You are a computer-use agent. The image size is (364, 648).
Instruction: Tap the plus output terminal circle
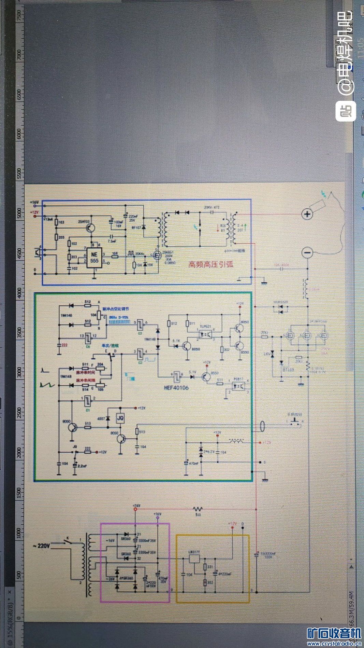[x=307, y=214]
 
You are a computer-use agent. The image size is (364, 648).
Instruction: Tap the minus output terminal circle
[x=307, y=253]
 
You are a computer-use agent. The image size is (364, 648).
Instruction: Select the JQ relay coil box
[x=120, y=417]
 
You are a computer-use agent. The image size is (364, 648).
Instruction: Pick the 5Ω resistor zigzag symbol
[x=197, y=509]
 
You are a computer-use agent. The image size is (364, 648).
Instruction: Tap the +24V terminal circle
[x=135, y=509]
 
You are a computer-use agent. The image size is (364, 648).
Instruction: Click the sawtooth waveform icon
[x=46, y=385]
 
